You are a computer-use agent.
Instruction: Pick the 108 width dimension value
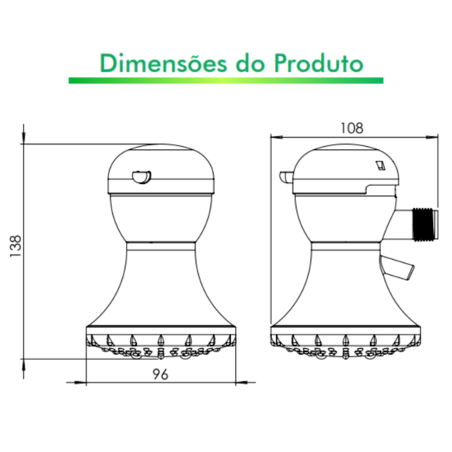tap(351, 128)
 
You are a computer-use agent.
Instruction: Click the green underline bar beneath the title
tap(226, 80)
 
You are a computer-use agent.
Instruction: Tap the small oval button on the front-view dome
tap(140, 177)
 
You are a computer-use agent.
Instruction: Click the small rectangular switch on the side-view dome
tap(380, 164)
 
